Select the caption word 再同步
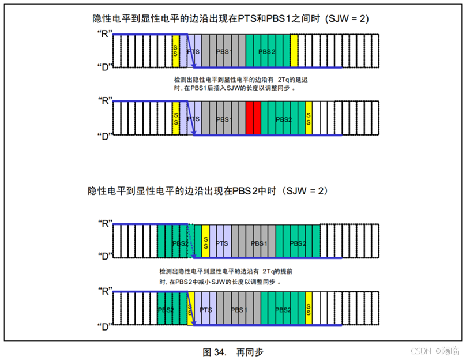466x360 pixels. (x=250, y=352)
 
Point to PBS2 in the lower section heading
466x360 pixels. (x=248, y=190)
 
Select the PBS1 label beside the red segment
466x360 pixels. (x=224, y=119)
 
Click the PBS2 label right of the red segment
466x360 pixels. (x=283, y=119)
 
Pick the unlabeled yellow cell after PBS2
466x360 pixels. (x=294, y=51)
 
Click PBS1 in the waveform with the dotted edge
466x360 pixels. (x=259, y=243)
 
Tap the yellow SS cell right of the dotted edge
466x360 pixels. (x=206, y=241)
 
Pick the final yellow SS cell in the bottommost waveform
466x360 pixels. (x=309, y=310)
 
